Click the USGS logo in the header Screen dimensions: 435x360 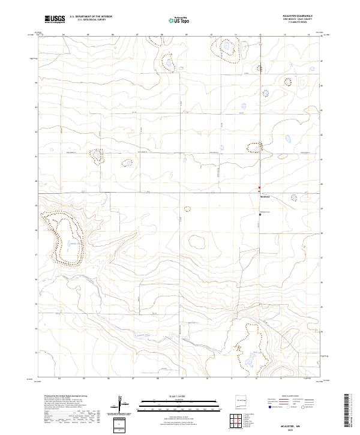click(55, 19)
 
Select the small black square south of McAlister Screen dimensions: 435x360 click(259, 214)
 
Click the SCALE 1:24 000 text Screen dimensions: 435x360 click(179, 395)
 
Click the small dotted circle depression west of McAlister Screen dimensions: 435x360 click(187, 209)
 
